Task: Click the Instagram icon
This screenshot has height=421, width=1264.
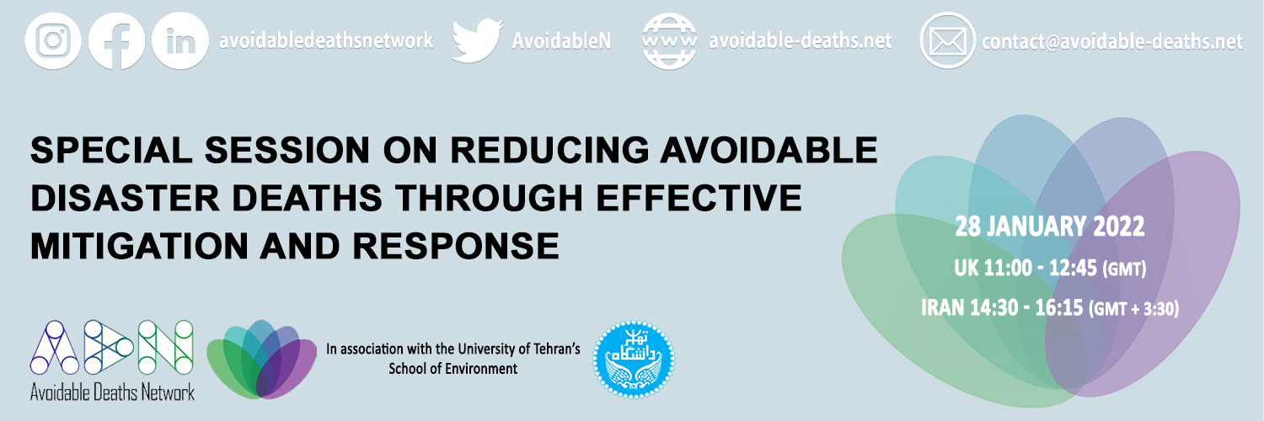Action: pos(53,41)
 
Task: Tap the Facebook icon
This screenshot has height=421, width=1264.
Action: pos(117,41)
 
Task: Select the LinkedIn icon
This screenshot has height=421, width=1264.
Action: pos(180,41)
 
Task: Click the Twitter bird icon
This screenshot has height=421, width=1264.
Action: pos(478,40)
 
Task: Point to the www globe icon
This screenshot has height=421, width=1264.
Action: pos(669,41)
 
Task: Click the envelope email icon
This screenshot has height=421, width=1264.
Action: pos(947,41)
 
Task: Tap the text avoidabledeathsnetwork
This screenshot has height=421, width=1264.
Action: pos(326,40)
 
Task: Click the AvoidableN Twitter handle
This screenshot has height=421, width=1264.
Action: pos(561,40)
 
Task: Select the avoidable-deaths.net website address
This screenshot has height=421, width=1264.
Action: pos(801,40)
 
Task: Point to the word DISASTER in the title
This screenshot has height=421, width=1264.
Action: pos(125,198)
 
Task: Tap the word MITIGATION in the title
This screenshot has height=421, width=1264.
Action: pos(139,246)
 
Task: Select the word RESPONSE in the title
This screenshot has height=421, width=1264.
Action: pos(456,246)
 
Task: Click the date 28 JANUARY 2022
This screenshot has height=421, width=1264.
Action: pos(1050,226)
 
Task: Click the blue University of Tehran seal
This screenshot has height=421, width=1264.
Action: pos(634,360)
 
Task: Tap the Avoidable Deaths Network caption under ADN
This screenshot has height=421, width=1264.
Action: pos(112,392)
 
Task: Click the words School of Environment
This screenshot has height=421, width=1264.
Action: pos(453,369)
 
